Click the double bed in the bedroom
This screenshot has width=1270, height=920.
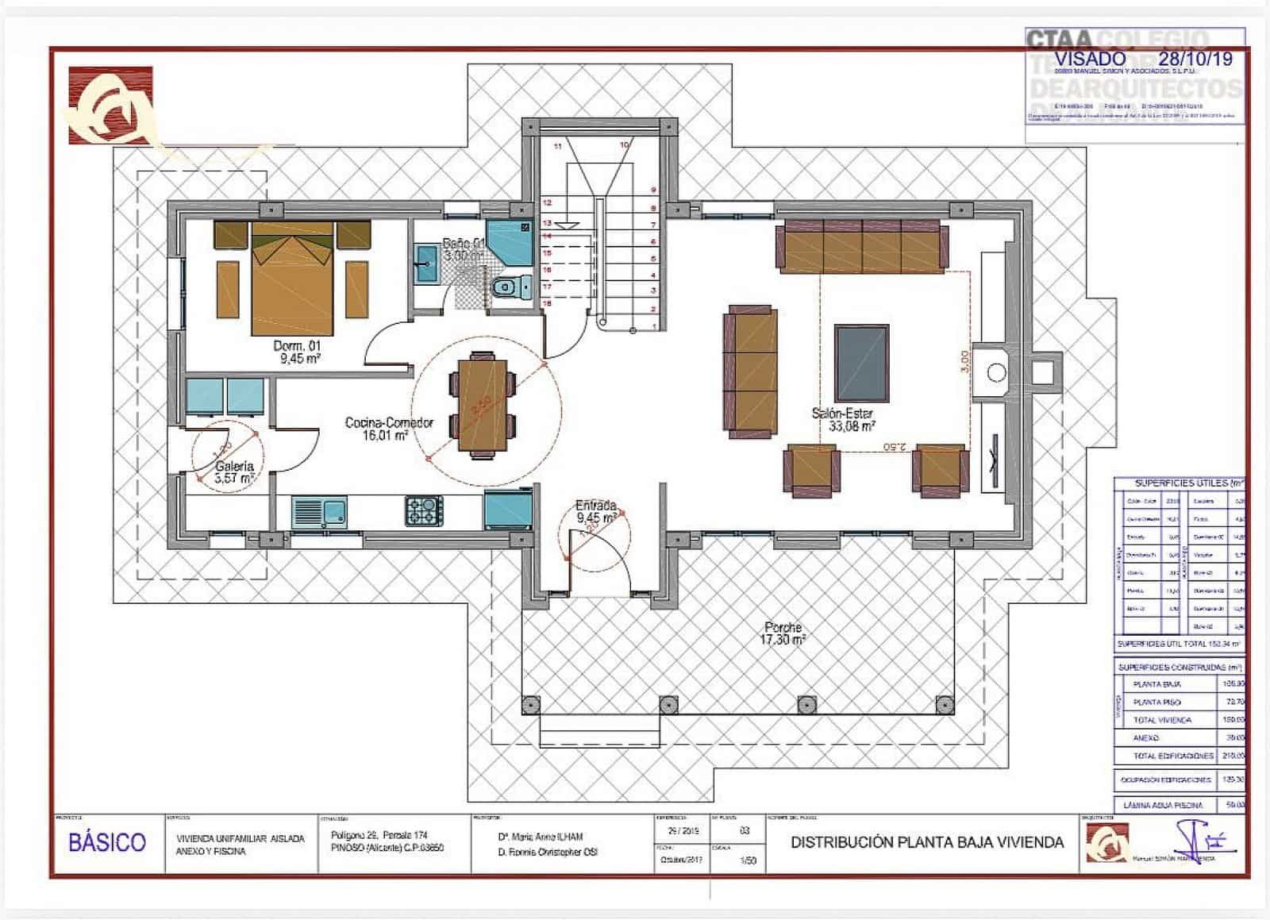click(292, 278)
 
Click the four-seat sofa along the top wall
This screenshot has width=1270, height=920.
click(862, 247)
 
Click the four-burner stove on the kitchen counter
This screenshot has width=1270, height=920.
click(425, 510)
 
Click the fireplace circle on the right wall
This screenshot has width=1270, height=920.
click(996, 371)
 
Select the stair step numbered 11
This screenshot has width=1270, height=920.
click(558, 146)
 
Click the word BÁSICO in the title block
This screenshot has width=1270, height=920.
click(107, 842)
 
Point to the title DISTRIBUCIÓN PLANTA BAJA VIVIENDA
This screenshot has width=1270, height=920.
click(926, 842)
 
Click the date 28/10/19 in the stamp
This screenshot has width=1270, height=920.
click(1195, 58)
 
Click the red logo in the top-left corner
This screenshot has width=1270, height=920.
click(110, 105)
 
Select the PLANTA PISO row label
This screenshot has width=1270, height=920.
click(1156, 703)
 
